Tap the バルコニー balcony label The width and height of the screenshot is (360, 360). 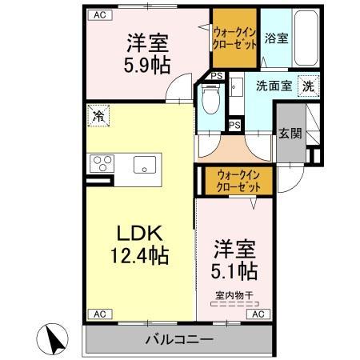click(x=178, y=340)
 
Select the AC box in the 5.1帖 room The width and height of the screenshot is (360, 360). click(x=258, y=314)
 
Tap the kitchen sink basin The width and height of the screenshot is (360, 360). click(x=145, y=166)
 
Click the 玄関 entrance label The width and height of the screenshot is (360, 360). click(x=290, y=134)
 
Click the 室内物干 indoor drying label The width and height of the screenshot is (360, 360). click(x=234, y=295)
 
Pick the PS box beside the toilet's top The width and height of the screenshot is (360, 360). click(x=216, y=76)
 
